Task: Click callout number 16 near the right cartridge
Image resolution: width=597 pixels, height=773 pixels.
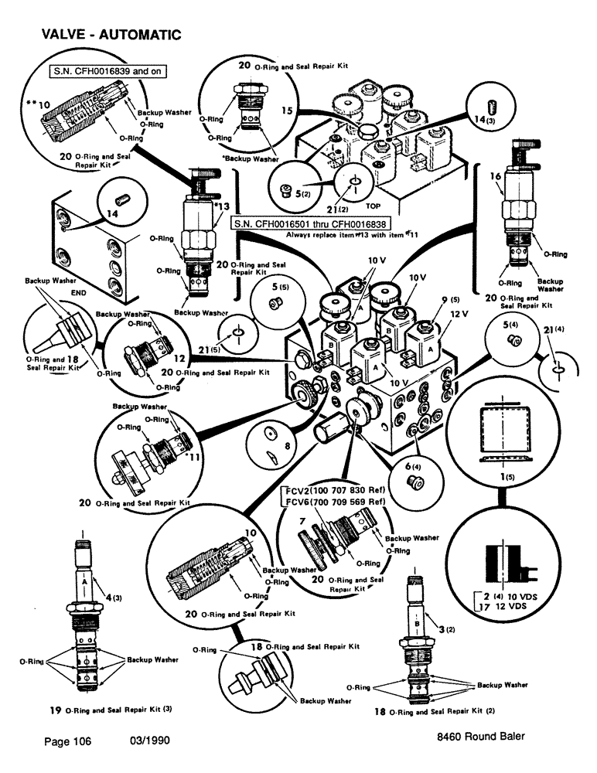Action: pyautogui.click(x=496, y=177)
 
